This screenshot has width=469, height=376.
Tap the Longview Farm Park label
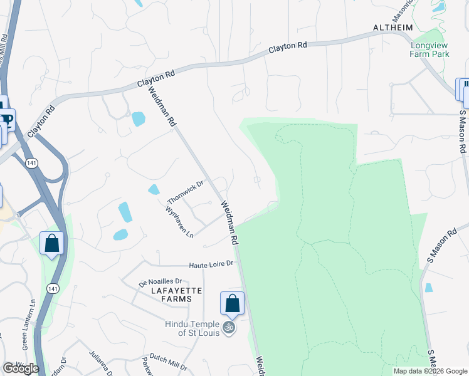[x=429, y=50]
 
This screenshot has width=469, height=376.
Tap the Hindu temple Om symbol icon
[x=229, y=327]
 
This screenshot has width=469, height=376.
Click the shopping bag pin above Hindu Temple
[x=232, y=305]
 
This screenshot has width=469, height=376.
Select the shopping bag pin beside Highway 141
[x=51, y=244]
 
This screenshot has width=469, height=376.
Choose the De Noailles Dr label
[x=160, y=283]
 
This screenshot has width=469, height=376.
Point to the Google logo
[x=21, y=368]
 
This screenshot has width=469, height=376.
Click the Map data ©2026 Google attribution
[x=429, y=371]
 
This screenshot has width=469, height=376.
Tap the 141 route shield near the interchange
[x=30, y=162]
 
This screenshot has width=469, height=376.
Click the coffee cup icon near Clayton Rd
[x=6, y=118]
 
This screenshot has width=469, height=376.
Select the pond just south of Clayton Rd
[x=137, y=118]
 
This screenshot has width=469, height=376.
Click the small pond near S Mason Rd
[x=428, y=288]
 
